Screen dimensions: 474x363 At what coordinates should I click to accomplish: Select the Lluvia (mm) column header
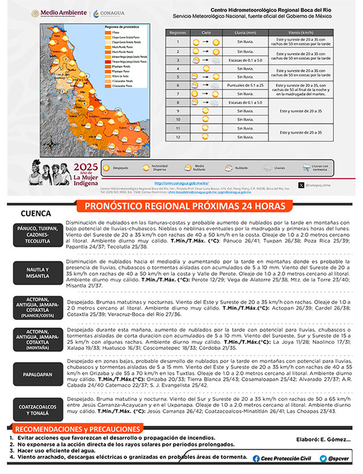[x=244, y=33]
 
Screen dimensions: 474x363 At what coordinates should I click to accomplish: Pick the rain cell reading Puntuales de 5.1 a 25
[x=244, y=85]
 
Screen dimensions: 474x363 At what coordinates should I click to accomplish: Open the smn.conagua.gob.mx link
[x=182, y=183]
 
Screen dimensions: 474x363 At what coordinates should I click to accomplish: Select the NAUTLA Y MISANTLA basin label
[x=37, y=272]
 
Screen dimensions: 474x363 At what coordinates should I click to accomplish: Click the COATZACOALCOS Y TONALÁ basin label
[x=37, y=410]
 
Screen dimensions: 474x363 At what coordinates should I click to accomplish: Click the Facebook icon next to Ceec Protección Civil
[x=256, y=458]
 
